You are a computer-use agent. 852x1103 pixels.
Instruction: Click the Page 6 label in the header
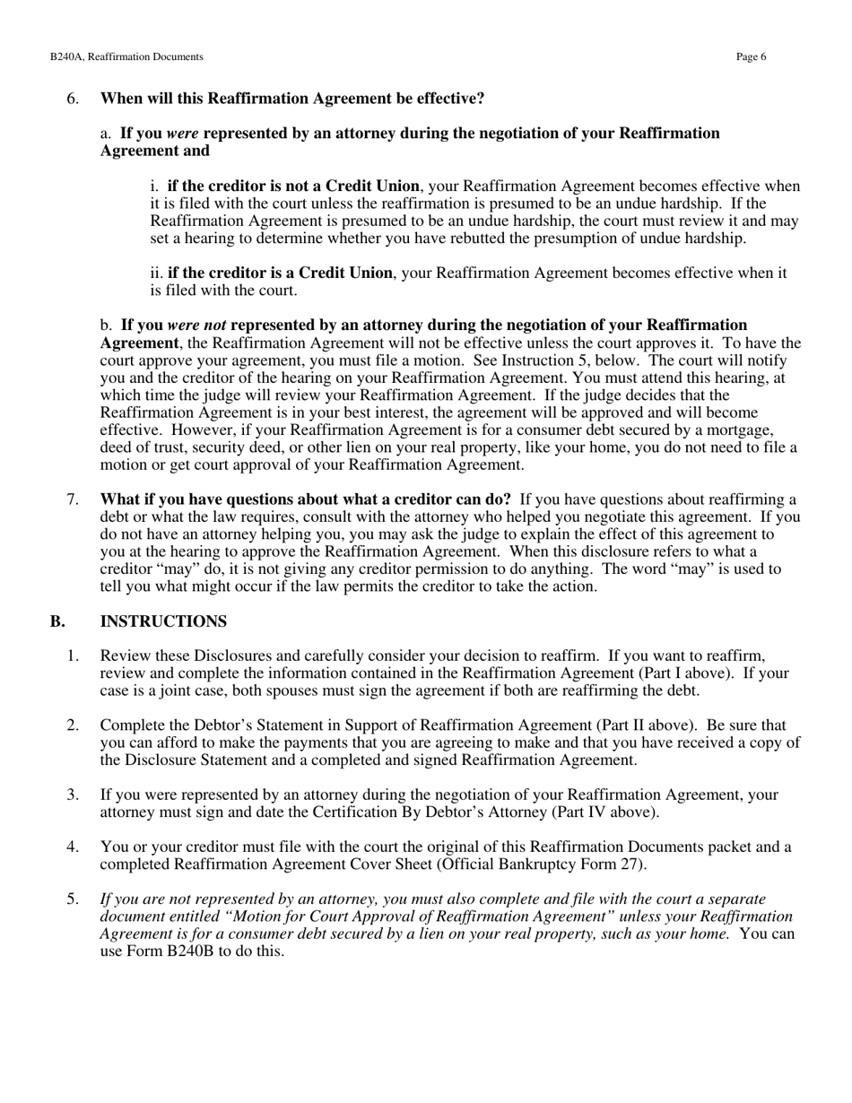pos(751,56)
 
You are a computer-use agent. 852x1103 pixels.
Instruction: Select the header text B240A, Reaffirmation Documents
pos(126,56)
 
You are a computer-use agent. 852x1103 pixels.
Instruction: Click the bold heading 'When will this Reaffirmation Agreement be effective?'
pos(292,99)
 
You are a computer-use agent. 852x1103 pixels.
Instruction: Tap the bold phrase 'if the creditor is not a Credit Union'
pos(292,187)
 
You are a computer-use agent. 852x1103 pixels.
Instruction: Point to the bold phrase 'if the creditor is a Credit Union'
pos(280,273)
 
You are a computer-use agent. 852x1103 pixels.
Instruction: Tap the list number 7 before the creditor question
pos(73,499)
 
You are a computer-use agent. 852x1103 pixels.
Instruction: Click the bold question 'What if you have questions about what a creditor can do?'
pos(305,499)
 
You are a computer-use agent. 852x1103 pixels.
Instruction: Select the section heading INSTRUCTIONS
pos(163,621)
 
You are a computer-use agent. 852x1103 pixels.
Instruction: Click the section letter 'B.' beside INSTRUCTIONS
pos(57,621)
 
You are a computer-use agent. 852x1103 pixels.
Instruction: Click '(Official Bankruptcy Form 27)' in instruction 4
pos(551,864)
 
